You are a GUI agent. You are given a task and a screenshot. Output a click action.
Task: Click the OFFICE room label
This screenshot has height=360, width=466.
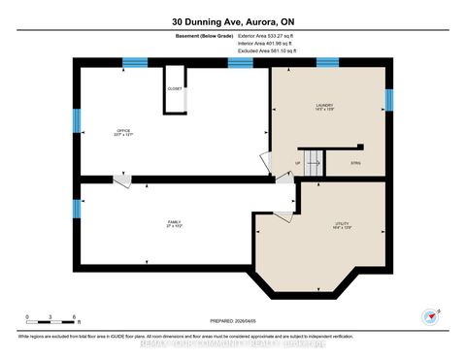pos(123,132)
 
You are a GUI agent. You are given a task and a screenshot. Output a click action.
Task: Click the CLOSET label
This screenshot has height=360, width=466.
pos(175,88)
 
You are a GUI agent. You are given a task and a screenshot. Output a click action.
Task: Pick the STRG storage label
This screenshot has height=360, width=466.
pos(356,164)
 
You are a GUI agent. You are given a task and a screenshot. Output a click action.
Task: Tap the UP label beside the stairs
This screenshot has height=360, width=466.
pos(297,163)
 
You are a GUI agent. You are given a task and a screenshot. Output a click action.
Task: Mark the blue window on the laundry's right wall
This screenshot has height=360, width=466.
pos(388,100)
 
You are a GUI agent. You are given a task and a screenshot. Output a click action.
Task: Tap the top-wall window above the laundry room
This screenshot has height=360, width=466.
pos(327,63)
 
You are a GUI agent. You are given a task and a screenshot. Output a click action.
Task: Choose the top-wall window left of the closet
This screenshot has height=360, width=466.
pos(135,63)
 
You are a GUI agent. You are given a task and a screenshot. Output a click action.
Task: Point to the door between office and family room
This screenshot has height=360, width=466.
pos(121,180)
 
